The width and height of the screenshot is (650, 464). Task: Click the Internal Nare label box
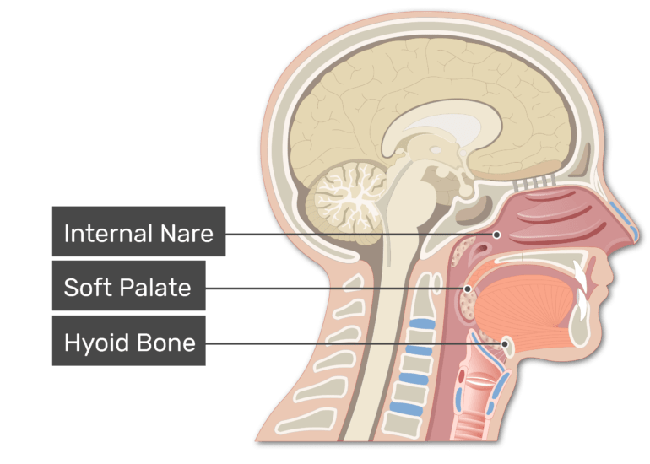tap(138, 232)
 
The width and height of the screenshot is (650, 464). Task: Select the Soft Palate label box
tap(127, 288)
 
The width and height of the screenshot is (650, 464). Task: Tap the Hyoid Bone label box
tap(128, 342)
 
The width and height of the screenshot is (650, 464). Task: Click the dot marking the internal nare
tap(497, 235)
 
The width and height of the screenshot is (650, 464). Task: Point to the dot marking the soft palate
tap(467, 289)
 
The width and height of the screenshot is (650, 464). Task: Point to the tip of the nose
tap(629, 240)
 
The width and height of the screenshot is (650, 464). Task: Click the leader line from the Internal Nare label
tap(355, 234)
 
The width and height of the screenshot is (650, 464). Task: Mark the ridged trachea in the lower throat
tap(481, 397)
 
